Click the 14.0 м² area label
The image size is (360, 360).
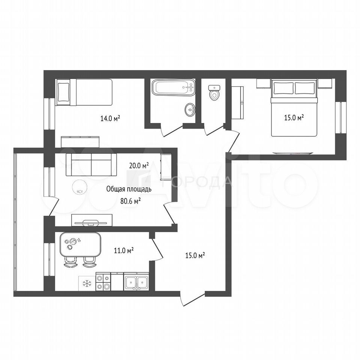(110, 118)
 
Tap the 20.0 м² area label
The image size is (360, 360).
(139, 165)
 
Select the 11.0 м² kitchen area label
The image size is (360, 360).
(124, 250)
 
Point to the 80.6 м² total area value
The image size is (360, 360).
(130, 201)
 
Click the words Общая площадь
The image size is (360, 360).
(129, 189)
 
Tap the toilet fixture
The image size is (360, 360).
(214, 93)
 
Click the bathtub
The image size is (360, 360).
(173, 87)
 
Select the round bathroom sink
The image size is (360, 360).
(190, 110)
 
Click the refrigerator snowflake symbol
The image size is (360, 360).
(87, 283)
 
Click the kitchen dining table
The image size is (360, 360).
(80, 244)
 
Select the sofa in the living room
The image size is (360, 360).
(91, 165)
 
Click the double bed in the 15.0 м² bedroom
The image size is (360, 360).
(294, 108)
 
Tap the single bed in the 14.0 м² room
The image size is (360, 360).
(84, 92)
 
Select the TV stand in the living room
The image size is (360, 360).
(91, 220)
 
